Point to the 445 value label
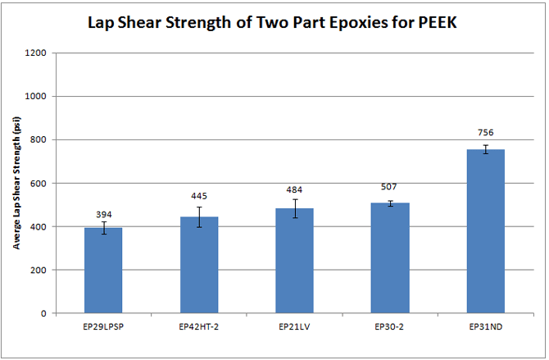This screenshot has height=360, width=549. click(200, 198)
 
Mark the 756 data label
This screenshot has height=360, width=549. click(488, 133)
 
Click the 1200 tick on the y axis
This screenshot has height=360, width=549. click(38, 53)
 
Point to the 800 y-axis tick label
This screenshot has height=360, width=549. click(40, 140)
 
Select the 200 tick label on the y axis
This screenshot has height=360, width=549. click(40, 270)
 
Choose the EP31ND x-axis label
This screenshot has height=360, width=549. click(488, 326)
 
